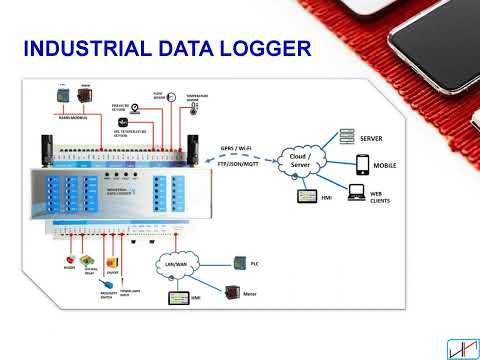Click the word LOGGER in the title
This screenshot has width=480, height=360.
click(x=269, y=49)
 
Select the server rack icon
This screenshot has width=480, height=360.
click(x=349, y=136)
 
